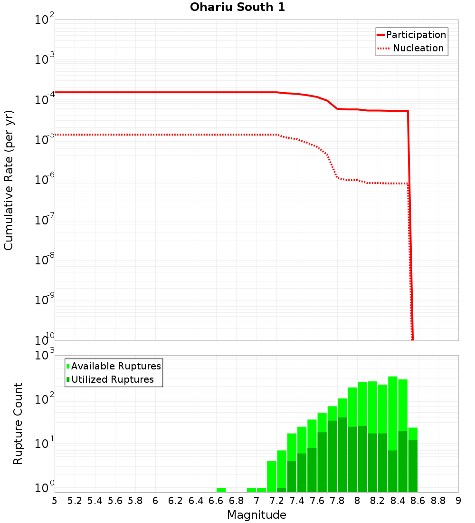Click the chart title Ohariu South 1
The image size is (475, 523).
(x=237, y=7)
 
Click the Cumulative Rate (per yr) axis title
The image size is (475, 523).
(x=9, y=180)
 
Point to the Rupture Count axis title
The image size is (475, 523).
(x=18, y=423)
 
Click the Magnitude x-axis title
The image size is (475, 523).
(x=256, y=515)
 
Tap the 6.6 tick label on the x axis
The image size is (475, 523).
(x=216, y=500)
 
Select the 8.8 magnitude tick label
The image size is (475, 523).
(x=438, y=500)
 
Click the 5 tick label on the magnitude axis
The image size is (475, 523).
(x=55, y=500)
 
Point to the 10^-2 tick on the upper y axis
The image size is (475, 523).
(x=45, y=20)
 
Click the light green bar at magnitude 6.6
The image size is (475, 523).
(x=221, y=490)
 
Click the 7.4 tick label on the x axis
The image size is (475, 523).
(x=297, y=500)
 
